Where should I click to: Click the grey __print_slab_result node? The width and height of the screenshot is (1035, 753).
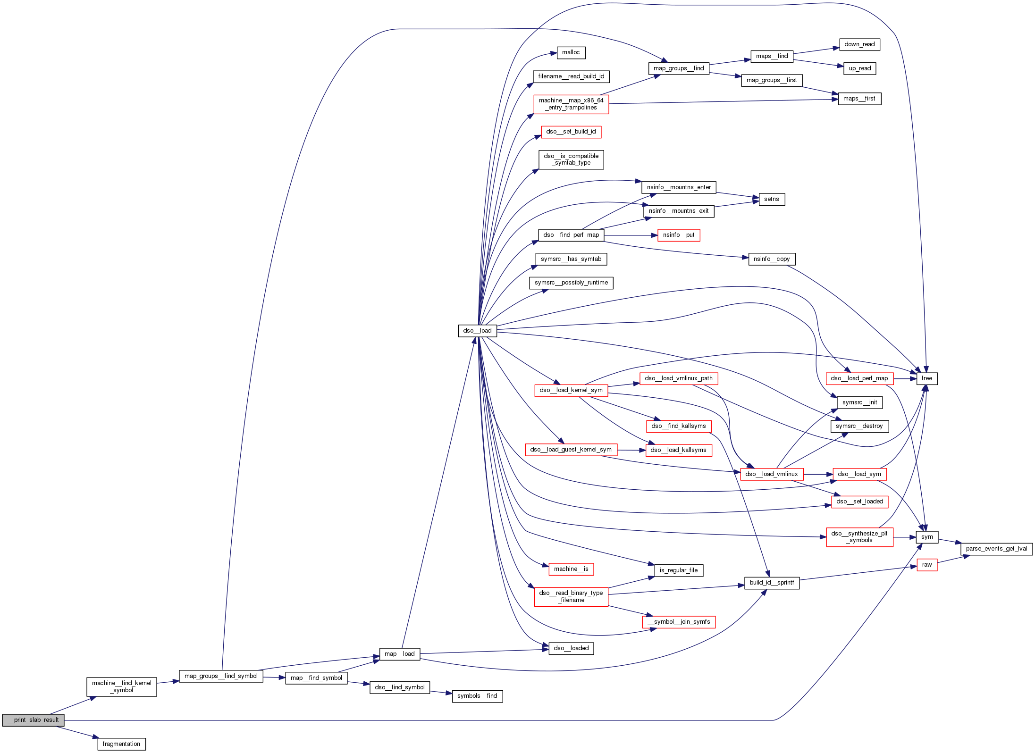(x=33, y=720)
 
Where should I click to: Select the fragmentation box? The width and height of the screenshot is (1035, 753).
(x=121, y=744)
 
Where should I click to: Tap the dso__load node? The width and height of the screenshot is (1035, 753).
(x=477, y=331)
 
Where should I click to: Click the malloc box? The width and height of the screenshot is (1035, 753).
(x=571, y=53)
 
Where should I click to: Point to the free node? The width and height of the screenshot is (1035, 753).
(x=926, y=378)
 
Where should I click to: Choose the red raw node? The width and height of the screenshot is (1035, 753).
(x=926, y=565)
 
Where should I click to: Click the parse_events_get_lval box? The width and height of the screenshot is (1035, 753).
(x=996, y=549)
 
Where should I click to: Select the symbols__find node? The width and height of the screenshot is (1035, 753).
(x=477, y=696)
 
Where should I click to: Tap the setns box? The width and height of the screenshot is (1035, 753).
(x=771, y=199)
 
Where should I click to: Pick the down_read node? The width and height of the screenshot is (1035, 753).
(x=859, y=44)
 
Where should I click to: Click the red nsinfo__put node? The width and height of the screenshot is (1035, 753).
(x=678, y=235)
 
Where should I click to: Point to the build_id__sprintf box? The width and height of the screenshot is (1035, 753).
(x=772, y=583)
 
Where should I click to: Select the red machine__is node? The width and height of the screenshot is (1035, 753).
(x=571, y=569)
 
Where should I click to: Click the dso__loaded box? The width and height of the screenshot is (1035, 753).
(x=571, y=648)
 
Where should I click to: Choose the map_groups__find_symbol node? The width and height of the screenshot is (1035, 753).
(x=221, y=676)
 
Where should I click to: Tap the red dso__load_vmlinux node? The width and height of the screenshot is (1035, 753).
(x=772, y=474)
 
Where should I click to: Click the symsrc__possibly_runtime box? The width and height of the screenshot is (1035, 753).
(x=571, y=283)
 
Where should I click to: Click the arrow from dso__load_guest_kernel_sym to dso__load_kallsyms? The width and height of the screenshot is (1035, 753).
(x=631, y=450)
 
